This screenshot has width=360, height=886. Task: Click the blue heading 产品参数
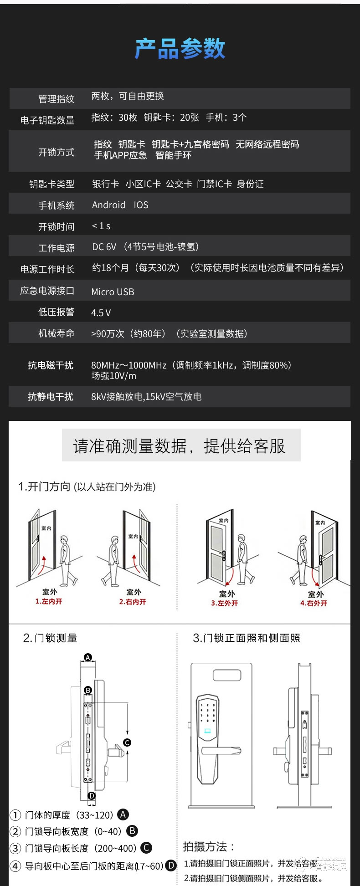click(x=180, y=49)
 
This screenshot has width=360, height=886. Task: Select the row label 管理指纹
click(x=56, y=99)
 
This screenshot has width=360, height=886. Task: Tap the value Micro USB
click(x=113, y=292)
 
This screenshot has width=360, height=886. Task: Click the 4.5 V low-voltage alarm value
click(x=101, y=313)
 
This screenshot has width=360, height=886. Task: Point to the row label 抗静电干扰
click(x=50, y=397)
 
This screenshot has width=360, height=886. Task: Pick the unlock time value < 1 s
click(x=101, y=226)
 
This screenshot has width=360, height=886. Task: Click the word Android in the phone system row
click(x=108, y=205)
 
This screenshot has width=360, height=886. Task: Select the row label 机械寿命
click(x=56, y=333)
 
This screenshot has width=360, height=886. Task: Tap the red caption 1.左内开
click(x=49, y=601)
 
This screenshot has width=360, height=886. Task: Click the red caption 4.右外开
click(x=314, y=603)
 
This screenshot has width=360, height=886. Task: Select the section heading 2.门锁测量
click(x=50, y=638)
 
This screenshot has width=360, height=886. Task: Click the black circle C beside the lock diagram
click(x=127, y=743)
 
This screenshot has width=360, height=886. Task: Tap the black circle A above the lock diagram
click(x=88, y=657)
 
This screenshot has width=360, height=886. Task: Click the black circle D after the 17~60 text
click(x=171, y=866)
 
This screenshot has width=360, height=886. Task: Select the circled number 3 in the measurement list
click(x=15, y=848)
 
